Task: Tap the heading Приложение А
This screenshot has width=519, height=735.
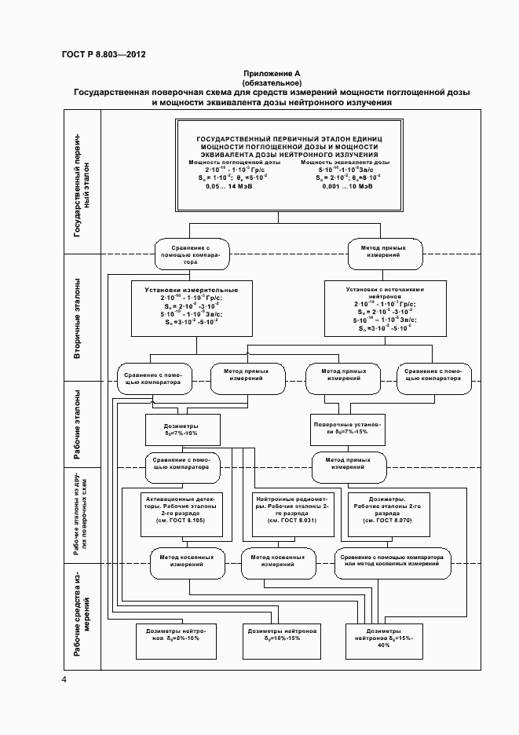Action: coord(272,73)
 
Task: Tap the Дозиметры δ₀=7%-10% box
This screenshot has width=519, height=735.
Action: coord(181,428)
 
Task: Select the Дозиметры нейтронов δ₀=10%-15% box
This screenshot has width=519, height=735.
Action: coord(282,634)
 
